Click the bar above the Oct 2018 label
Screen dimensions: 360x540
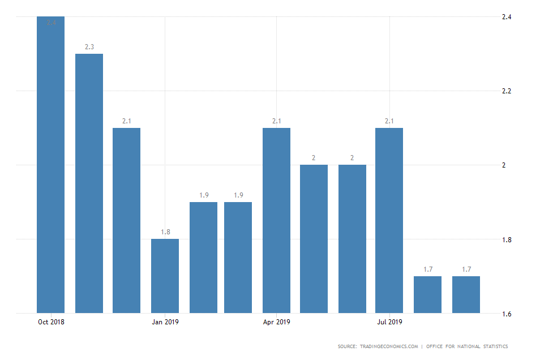(x=51, y=164)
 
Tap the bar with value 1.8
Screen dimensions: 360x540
(x=165, y=276)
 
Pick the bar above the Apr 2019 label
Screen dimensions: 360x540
(x=277, y=220)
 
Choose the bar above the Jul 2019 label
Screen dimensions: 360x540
(x=389, y=220)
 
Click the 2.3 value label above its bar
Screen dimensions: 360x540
(x=89, y=47)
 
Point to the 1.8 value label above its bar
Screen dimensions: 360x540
(x=165, y=232)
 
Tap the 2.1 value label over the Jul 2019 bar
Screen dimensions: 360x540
(x=389, y=121)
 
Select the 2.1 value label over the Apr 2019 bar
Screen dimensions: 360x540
(x=277, y=121)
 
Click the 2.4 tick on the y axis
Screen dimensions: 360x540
(x=507, y=17)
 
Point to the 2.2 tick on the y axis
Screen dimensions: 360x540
(x=507, y=91)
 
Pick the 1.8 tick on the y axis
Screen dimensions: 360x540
(x=507, y=239)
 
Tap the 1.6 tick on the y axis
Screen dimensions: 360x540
(x=507, y=314)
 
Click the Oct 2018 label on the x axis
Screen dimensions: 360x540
(x=51, y=323)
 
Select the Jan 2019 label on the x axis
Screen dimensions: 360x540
(x=165, y=323)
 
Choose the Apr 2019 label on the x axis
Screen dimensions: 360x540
(x=277, y=323)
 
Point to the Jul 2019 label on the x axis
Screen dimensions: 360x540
(x=389, y=323)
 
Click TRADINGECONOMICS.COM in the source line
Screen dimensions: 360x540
(x=388, y=346)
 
